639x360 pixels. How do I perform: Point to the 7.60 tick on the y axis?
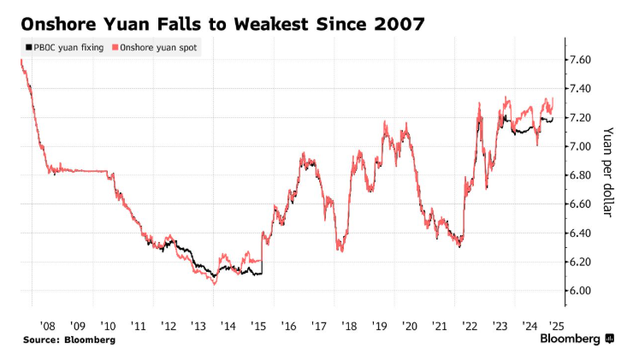(584, 60)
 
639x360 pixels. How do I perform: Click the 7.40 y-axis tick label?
(584, 89)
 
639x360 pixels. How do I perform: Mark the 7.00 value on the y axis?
(584, 146)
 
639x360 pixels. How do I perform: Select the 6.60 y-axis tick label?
(584, 204)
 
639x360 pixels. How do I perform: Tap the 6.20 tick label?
(584, 262)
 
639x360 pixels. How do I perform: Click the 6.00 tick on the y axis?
(584, 291)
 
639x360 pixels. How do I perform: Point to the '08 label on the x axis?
(47, 325)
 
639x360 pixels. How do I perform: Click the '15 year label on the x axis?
(257, 325)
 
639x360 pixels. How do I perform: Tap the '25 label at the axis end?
(558, 325)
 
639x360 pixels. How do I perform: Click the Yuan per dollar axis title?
(608, 172)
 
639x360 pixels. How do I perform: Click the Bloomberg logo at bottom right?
(577, 339)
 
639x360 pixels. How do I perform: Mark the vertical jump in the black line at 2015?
(262, 257)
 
